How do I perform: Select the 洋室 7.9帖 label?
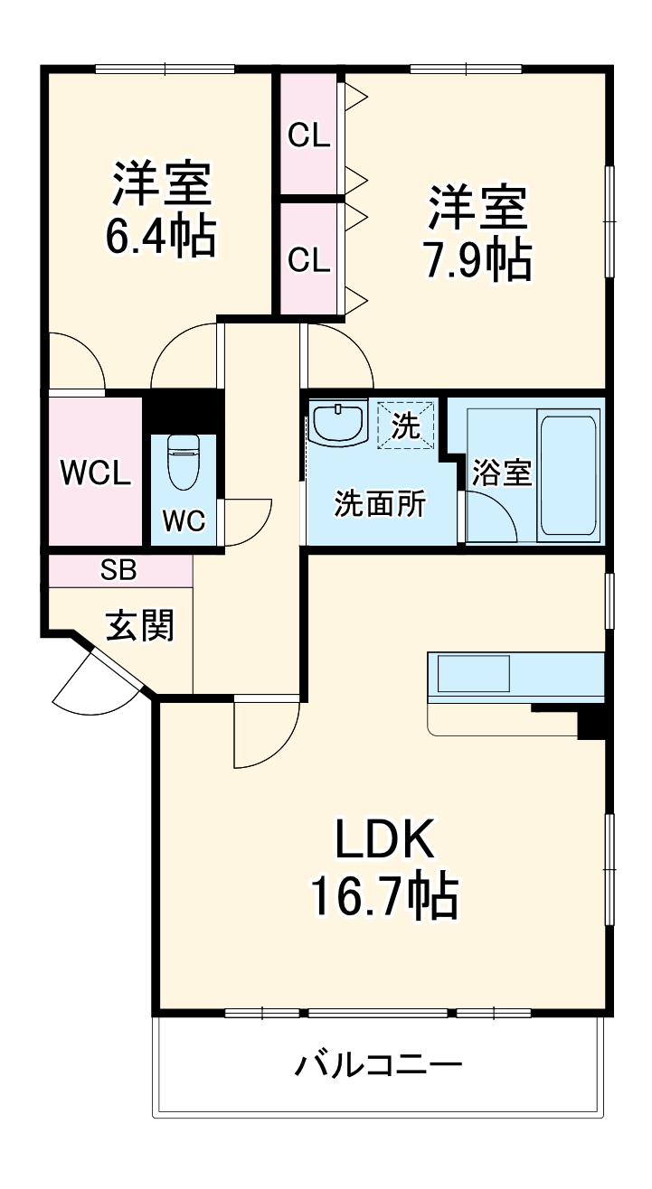478,233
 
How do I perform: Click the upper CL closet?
309,135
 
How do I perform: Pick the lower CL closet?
309,259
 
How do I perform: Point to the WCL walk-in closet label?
95,473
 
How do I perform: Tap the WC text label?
184,520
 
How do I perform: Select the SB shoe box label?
118,570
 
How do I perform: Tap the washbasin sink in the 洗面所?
337,422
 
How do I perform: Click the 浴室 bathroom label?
502,473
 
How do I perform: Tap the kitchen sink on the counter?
474,674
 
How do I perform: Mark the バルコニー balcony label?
378,1064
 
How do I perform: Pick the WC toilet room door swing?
247,523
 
